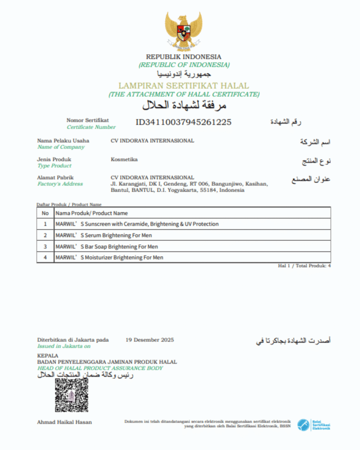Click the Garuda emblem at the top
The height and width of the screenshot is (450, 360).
pyautogui.click(x=184, y=30)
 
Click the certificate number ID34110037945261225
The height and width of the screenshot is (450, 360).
pyautogui.click(x=183, y=122)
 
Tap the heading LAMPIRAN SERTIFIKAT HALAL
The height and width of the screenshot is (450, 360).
pyautogui.click(x=183, y=86)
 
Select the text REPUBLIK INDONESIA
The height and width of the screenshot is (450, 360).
pyautogui.click(x=184, y=57)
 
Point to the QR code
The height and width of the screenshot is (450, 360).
pyautogui.click(x=71, y=395)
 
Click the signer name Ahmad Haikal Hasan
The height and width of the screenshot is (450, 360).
pyautogui.click(x=65, y=422)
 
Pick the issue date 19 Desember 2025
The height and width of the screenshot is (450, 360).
pyautogui.click(x=149, y=340)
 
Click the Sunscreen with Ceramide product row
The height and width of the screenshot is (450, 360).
pyautogui.click(x=137, y=224)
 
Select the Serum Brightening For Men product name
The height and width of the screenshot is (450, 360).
pyautogui.click(x=103, y=236)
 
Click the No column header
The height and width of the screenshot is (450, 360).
pyautogui.click(x=45, y=213)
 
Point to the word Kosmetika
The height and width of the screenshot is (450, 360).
pyautogui.click(x=124, y=160)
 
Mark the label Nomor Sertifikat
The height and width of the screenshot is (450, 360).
pyautogui.click(x=87, y=120)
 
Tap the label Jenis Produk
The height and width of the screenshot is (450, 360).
pyautogui.click(x=55, y=159)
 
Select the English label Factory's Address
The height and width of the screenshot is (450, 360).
pyautogui.click(x=60, y=184)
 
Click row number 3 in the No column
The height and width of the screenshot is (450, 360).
pyautogui.click(x=45, y=247)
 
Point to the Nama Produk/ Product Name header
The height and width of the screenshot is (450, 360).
pyautogui.click(x=91, y=213)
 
